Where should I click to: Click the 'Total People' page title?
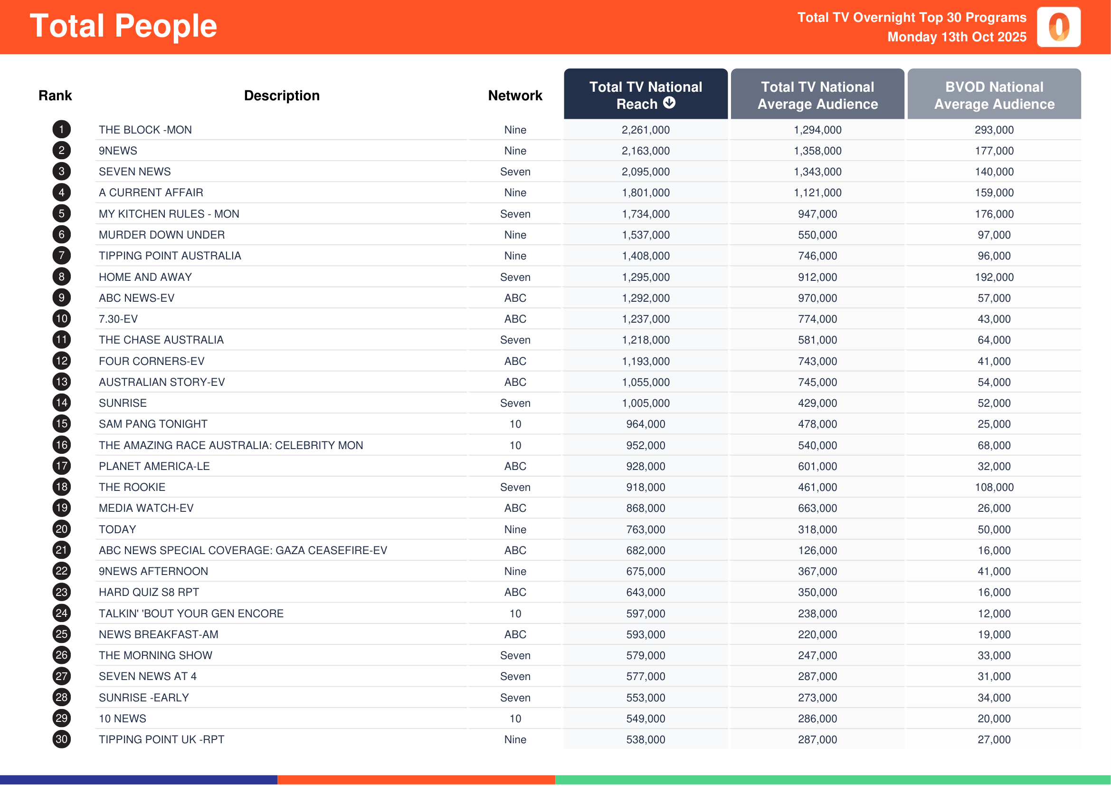click(123, 26)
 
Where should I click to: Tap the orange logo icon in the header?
click(1058, 27)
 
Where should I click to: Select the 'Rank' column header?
click(55, 96)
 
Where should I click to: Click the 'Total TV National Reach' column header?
click(645, 95)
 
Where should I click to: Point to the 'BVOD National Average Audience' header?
click(994, 95)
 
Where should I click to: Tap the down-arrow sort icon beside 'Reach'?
click(669, 103)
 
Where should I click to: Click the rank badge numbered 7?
click(61, 256)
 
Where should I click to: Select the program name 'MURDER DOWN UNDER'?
click(161, 235)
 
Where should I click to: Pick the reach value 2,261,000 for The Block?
click(646, 130)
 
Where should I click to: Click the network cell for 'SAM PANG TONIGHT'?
click(515, 424)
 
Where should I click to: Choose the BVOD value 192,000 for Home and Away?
click(994, 277)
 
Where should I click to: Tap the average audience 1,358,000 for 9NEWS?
click(817, 151)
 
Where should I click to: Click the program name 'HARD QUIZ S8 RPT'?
click(149, 592)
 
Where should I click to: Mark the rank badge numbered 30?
click(61, 739)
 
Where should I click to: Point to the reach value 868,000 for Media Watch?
click(646, 508)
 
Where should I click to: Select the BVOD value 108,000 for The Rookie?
click(994, 487)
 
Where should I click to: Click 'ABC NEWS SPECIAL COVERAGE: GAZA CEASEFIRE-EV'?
click(242, 550)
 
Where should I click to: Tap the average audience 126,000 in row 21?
click(817, 550)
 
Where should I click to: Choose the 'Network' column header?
click(515, 96)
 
